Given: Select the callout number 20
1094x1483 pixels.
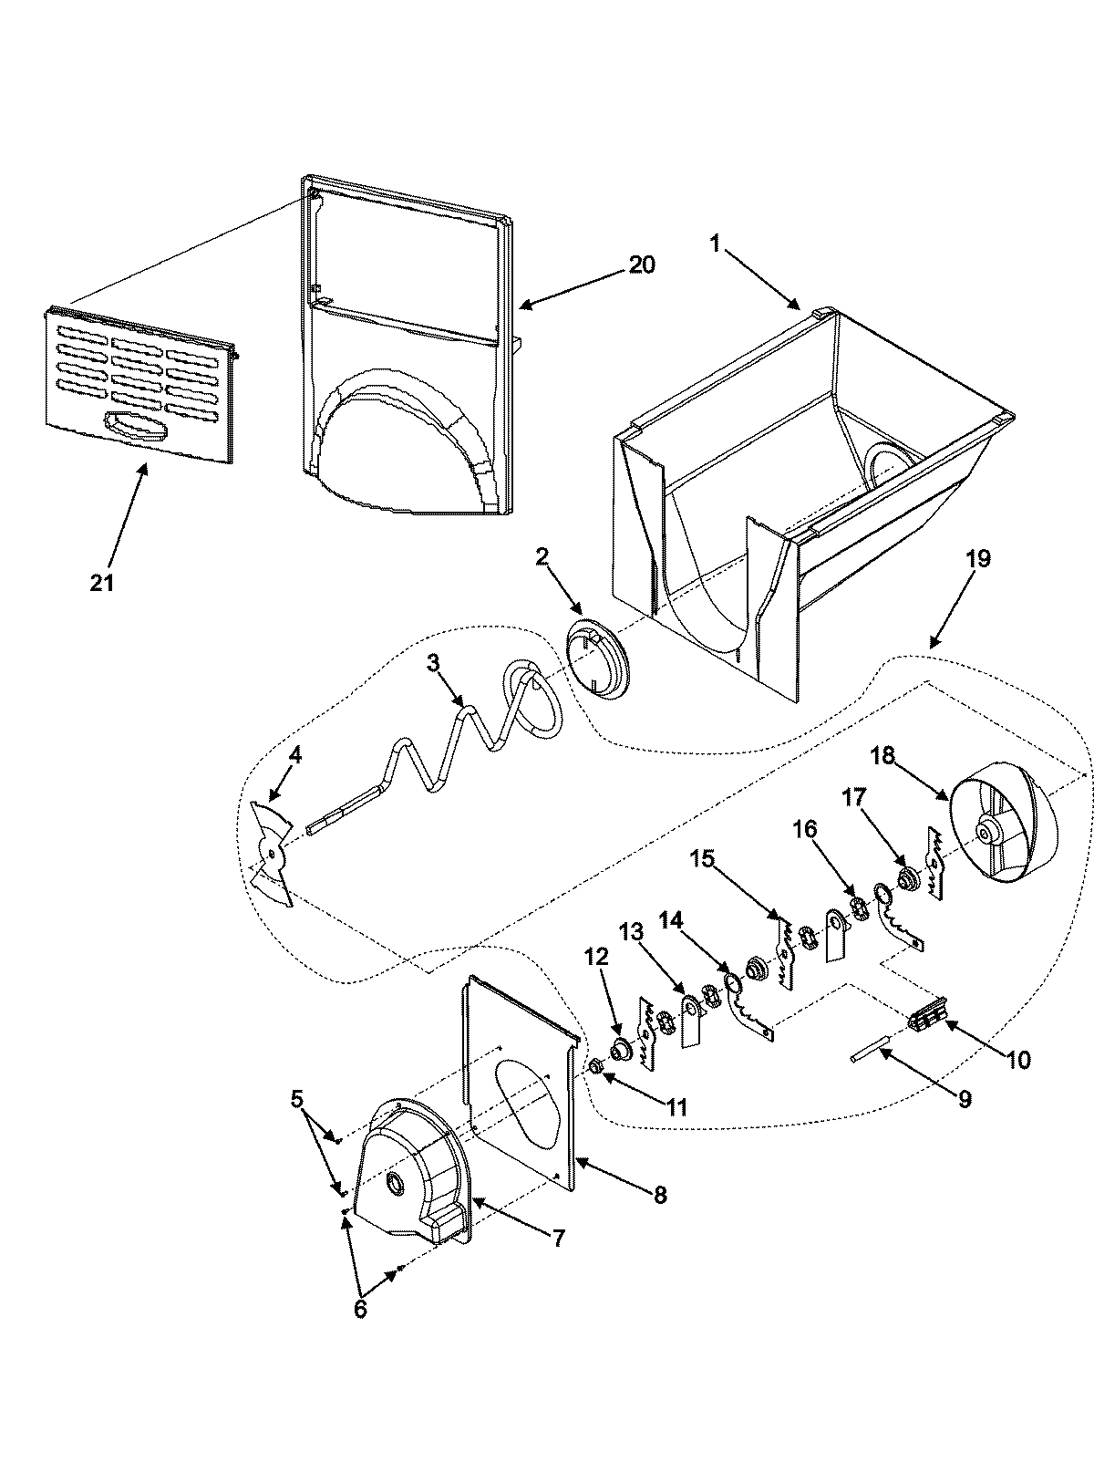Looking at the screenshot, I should click(x=641, y=264).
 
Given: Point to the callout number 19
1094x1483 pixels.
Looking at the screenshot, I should click(x=976, y=558).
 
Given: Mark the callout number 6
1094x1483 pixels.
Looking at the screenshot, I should click(x=359, y=1309).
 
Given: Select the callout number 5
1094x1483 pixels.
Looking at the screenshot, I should click(x=297, y=1099).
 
